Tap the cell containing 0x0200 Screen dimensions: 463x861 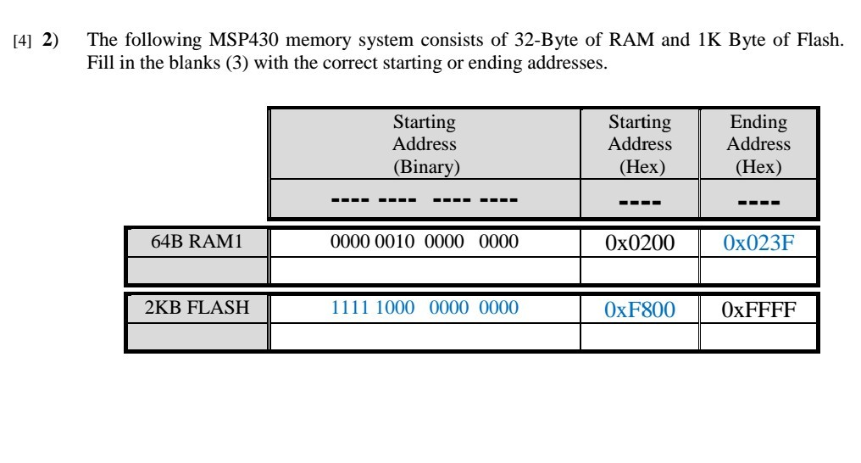click(x=639, y=243)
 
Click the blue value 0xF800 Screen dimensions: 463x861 click(x=639, y=310)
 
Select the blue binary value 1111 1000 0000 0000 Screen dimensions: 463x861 click(x=424, y=310)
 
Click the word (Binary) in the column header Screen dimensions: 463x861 click(x=424, y=167)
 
